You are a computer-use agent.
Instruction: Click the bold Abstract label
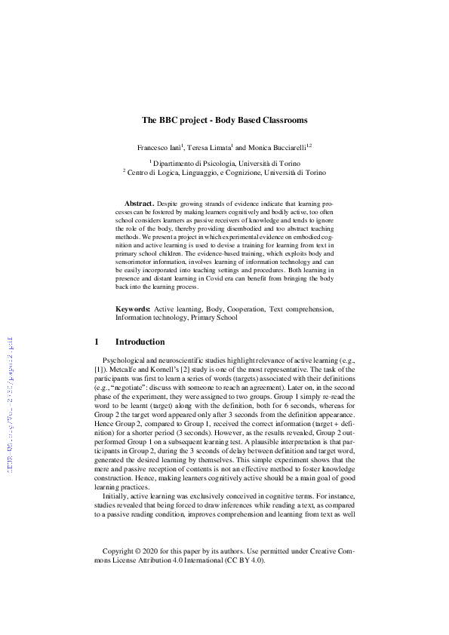tap(138, 204)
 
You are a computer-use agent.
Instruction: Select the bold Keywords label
tap(133, 309)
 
